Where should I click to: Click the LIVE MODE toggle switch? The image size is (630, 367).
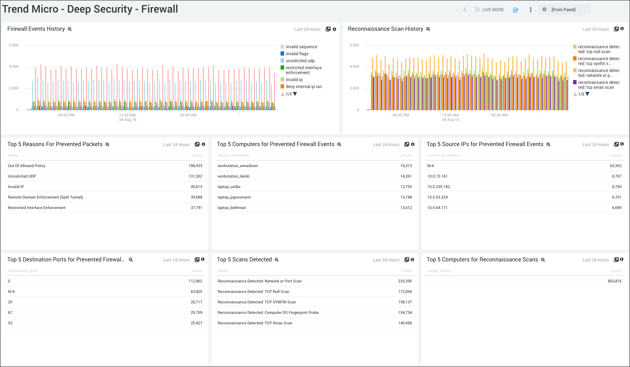pyautogui.click(x=475, y=10)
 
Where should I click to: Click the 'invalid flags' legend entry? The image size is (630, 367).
pyautogui.click(x=297, y=54)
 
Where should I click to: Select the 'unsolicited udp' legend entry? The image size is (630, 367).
pyautogui.click(x=300, y=61)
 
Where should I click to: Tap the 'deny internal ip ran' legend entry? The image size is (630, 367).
pyautogui.click(x=303, y=87)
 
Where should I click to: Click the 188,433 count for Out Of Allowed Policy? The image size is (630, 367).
pyautogui.click(x=195, y=166)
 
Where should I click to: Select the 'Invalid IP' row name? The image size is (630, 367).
pyautogui.click(x=16, y=187)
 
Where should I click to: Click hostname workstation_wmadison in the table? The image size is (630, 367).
pyautogui.click(x=238, y=166)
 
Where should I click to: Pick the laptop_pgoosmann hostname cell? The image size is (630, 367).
pyautogui.click(x=234, y=197)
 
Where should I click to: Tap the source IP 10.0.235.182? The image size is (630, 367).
pyautogui.click(x=439, y=187)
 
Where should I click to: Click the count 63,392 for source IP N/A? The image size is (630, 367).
pyautogui.click(x=616, y=166)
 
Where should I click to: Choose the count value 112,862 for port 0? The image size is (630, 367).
pyautogui.click(x=195, y=281)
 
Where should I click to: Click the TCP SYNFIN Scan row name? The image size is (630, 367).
pyautogui.click(x=256, y=302)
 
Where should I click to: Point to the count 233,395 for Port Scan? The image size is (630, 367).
pyautogui.click(x=405, y=281)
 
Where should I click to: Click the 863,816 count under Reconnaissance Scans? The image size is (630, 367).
pyautogui.click(x=615, y=281)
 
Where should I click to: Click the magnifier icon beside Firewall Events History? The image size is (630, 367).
pyautogui.click(x=70, y=29)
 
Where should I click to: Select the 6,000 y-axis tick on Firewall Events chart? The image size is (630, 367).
pyautogui.click(x=14, y=45)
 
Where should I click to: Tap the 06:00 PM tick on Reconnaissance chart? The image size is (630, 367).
pyautogui.click(x=400, y=115)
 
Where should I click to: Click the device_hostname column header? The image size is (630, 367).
pyautogui.click(x=233, y=156)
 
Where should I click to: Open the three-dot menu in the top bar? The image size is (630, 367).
pyautogui.click(x=530, y=10)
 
